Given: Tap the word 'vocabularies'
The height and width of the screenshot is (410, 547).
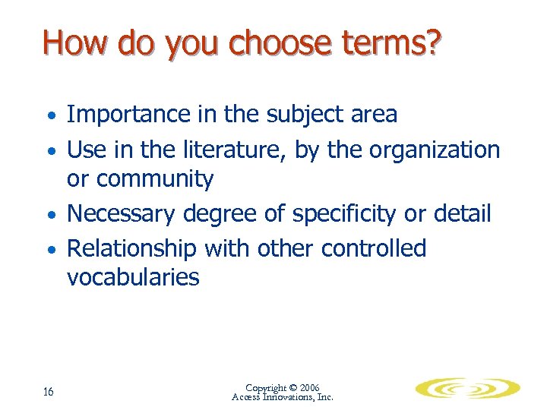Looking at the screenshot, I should click(x=133, y=277).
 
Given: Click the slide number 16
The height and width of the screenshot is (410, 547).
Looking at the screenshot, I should click(x=48, y=392).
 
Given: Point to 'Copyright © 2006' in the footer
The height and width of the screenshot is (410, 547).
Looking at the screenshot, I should click(x=283, y=387).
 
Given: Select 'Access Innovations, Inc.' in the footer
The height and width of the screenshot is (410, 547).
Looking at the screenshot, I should click(x=283, y=397).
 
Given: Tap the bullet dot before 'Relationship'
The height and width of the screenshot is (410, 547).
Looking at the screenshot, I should click(x=50, y=251).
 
